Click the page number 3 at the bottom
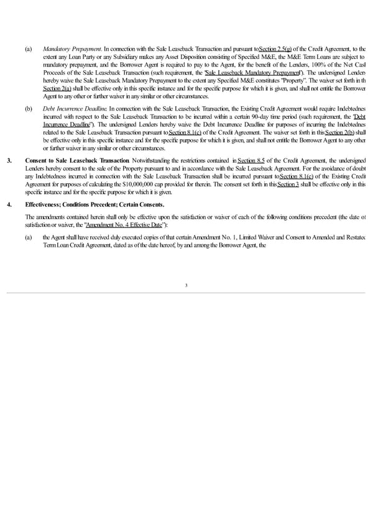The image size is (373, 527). click(x=186, y=285)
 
